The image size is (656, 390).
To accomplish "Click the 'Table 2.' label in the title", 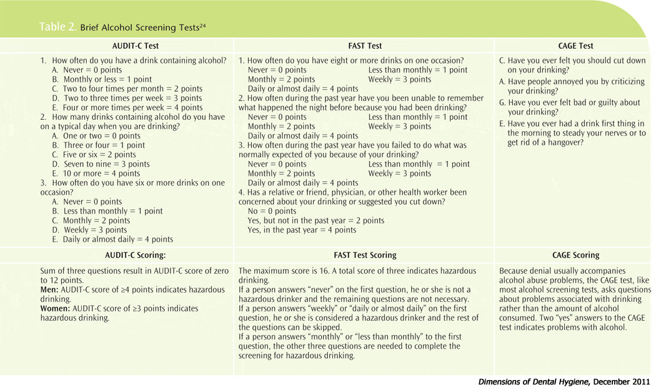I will tap(58, 27).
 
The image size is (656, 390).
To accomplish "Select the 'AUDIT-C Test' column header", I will tap(135, 46).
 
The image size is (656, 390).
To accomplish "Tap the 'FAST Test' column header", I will tap(365, 46).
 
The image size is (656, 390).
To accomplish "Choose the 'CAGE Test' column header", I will tap(575, 46).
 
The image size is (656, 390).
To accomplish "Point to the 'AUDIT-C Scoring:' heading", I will tap(135, 255).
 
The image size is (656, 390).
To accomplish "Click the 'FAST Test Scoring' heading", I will tap(365, 255).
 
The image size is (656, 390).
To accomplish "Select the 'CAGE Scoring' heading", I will tap(575, 255).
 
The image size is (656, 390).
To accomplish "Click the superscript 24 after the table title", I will tap(202, 25).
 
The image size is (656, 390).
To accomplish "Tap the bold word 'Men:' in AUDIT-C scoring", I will tap(51, 290).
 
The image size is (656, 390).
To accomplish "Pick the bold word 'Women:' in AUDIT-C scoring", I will tap(56, 309).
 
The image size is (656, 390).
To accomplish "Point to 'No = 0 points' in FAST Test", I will tap(272, 211).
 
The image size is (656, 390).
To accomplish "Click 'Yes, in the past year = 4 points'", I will tap(302, 230).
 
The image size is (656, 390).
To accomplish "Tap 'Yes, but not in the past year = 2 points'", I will tap(316, 220).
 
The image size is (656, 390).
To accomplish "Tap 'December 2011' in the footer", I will tap(622, 382).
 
